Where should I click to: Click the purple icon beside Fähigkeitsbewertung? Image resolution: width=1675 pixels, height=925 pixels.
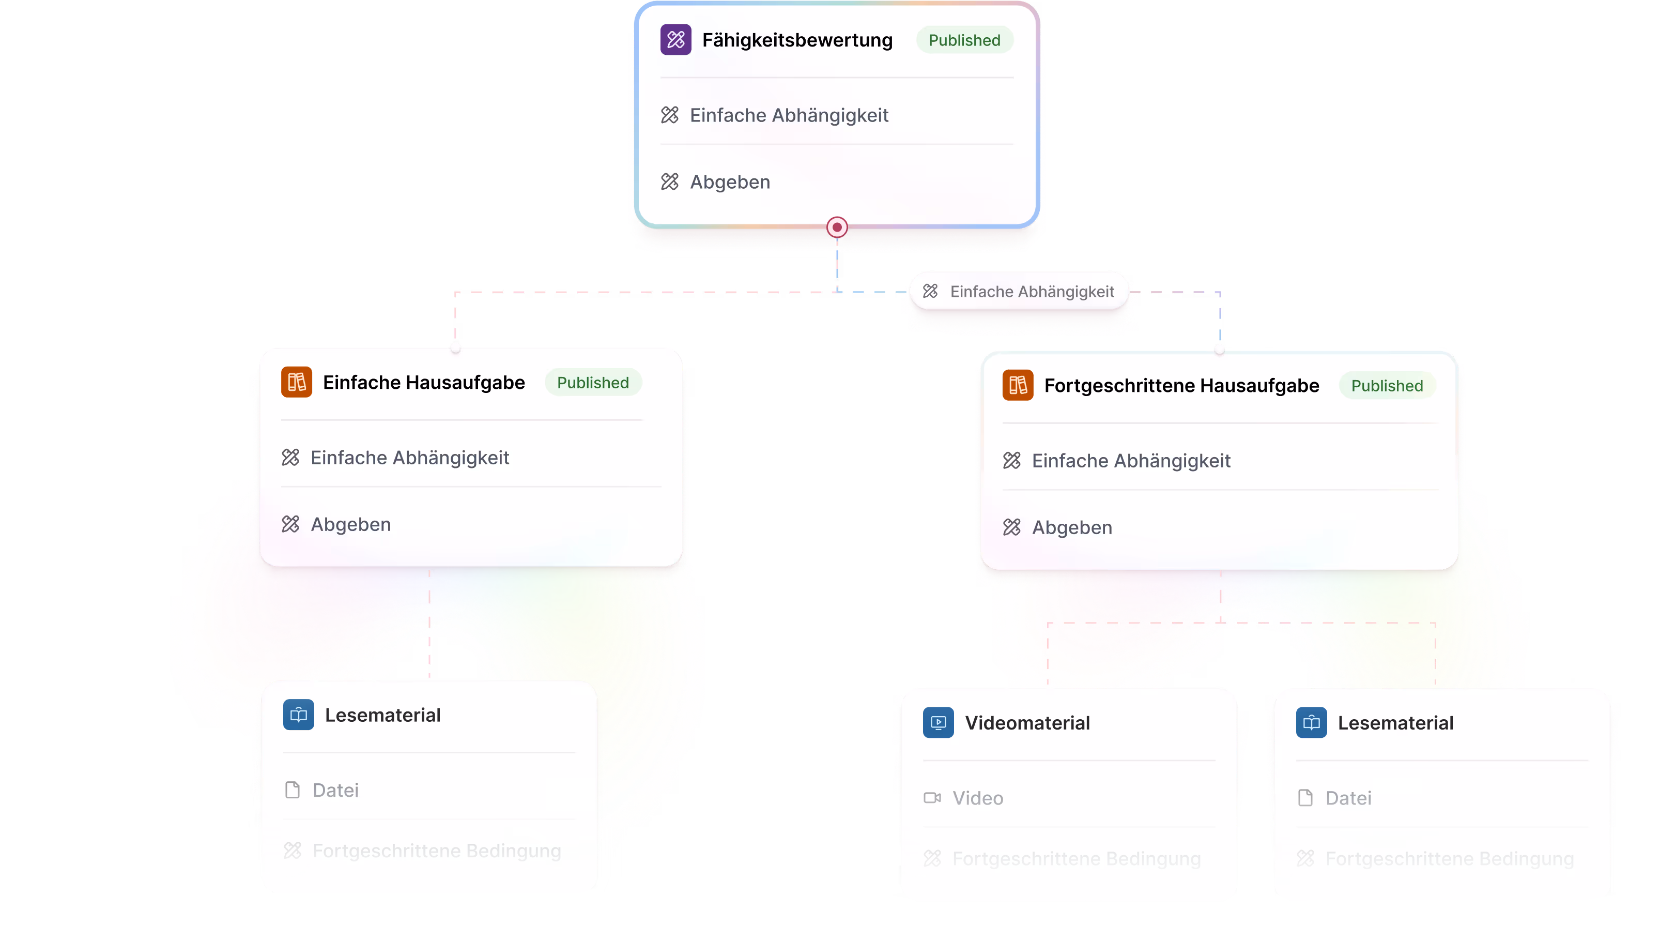tap(675, 40)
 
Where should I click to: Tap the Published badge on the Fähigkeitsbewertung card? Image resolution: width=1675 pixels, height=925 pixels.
tap(964, 40)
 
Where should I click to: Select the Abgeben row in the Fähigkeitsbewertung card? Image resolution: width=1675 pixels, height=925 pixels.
tap(730, 182)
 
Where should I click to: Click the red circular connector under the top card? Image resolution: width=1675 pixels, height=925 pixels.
tap(837, 227)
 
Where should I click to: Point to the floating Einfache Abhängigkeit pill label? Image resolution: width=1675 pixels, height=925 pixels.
tap(1019, 292)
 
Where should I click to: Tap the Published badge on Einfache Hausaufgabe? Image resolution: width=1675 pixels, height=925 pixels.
tap(592, 383)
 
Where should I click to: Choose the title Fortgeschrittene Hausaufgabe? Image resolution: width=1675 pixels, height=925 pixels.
tap(1181, 386)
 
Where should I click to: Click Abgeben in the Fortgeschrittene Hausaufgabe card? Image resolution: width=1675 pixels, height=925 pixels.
tap(1071, 527)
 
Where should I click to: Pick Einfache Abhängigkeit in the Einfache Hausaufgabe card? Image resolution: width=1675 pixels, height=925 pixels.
tap(410, 458)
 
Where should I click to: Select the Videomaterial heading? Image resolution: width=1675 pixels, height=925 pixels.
tap(1027, 723)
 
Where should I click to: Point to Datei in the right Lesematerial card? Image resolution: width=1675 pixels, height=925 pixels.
tap(1348, 798)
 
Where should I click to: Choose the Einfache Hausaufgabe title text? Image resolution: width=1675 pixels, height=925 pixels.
tap(423, 383)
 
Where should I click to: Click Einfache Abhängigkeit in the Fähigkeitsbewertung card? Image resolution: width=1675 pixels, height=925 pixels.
tap(789, 115)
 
